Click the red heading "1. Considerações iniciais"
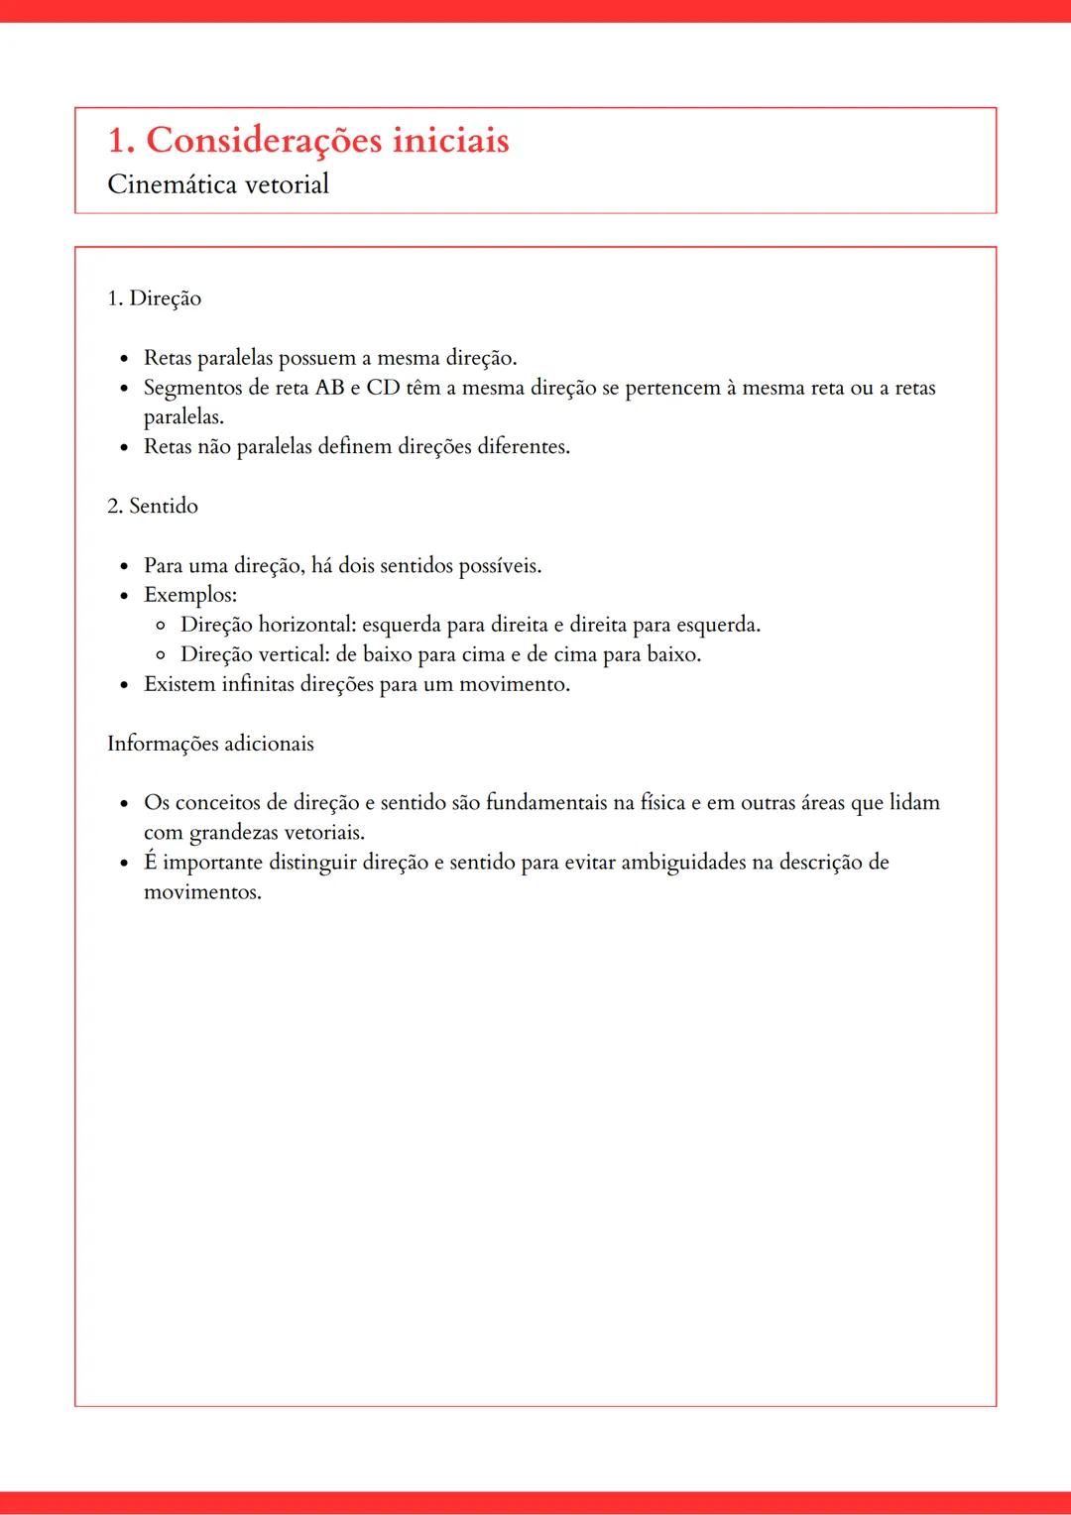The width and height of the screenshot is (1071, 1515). point(307,141)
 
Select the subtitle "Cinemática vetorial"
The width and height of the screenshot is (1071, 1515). point(218,185)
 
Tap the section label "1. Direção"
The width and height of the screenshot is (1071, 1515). point(154,298)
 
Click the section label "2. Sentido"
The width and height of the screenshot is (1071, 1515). point(153,506)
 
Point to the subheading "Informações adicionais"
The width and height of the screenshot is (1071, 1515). point(210,744)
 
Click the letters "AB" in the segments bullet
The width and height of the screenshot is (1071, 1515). point(329,388)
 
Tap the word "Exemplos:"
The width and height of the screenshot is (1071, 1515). point(190,595)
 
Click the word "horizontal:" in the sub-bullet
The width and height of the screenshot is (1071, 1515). point(306,625)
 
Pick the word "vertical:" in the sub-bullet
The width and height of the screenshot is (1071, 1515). point(294,654)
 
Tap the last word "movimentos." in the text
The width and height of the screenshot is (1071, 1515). point(202,892)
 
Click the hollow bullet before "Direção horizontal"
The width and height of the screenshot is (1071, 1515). point(161,626)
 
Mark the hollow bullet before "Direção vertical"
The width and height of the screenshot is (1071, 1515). point(161,655)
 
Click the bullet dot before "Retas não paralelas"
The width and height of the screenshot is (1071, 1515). point(124,447)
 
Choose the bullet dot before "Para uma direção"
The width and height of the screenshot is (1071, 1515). point(124,566)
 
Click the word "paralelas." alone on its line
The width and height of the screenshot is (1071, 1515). point(183,417)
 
